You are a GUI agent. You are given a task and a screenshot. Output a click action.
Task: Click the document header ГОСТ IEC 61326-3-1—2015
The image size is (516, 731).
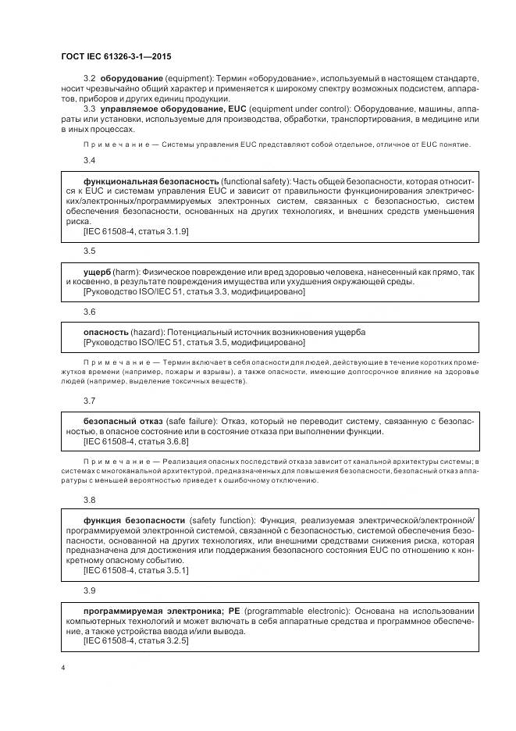point(116,56)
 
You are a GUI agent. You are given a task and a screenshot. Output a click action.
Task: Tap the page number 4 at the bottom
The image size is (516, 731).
point(62,669)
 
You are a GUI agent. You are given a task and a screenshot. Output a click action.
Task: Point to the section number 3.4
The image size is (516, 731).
point(89,160)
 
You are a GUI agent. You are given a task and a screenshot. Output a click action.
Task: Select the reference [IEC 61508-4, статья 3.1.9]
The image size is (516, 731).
point(135,231)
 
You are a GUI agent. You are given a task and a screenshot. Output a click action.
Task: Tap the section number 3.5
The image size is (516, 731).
point(89,251)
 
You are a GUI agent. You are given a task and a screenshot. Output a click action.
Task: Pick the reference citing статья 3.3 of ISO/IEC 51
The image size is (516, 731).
point(194,291)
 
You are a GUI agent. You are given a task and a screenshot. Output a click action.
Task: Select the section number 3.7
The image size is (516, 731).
point(89,401)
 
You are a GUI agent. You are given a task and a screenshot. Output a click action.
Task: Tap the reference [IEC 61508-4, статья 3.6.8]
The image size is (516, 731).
point(135,441)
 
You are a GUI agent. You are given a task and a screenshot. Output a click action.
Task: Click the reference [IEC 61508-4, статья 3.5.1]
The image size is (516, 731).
point(135,571)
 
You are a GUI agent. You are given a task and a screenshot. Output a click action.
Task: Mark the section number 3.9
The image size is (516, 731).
point(89,590)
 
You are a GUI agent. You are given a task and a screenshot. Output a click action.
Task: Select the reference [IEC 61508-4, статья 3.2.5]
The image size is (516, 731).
point(135,641)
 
